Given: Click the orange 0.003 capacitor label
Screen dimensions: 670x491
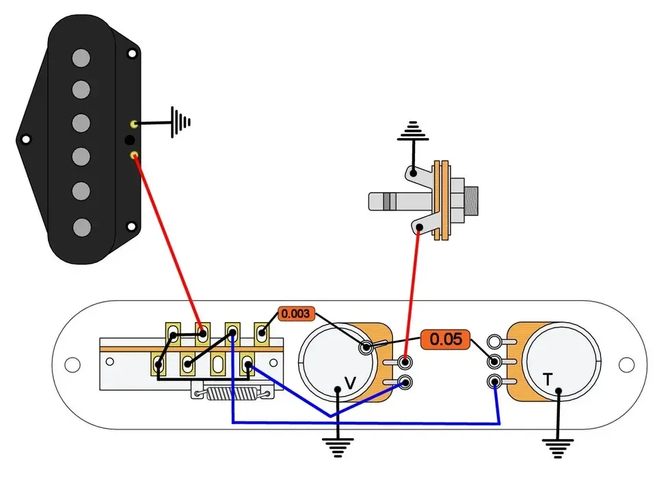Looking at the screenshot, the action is coord(296,314).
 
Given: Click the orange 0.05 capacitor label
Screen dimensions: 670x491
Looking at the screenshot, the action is coord(445,339).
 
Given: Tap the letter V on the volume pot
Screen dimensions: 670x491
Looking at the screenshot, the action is coord(350,383).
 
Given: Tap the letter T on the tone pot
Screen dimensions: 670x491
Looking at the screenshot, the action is coord(548,379).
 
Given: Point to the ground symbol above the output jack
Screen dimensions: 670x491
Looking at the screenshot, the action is coord(413,131).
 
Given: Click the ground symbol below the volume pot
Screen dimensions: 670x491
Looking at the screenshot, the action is coord(338,447).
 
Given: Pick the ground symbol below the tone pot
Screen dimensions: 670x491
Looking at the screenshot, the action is coord(558,449).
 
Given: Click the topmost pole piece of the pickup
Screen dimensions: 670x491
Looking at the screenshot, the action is coord(81,58).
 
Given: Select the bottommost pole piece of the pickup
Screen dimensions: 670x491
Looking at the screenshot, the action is coord(81,227).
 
